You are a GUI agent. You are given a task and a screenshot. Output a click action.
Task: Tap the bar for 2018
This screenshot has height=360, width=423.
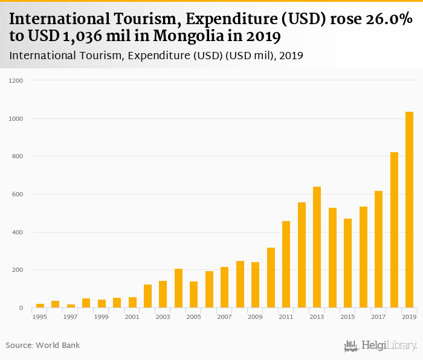pos(394,230)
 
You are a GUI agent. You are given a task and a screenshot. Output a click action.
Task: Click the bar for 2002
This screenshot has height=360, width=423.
pos(147,296)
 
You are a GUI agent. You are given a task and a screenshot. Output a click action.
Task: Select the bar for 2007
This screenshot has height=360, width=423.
pos(225,288)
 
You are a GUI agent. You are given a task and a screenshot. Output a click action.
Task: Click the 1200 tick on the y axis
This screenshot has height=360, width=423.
pos(16,80)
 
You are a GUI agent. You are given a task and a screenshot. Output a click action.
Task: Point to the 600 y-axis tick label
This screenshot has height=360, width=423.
pos(18,194)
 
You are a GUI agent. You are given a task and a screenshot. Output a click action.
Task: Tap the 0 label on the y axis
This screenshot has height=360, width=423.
pos(21,308)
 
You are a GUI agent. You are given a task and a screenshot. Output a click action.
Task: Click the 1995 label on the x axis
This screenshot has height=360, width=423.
pos(40,317)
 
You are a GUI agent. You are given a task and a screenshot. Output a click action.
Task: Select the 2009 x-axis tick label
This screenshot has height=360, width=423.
pos(255,317)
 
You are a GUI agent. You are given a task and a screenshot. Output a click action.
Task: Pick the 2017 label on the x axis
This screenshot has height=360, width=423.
pos(378,317)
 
